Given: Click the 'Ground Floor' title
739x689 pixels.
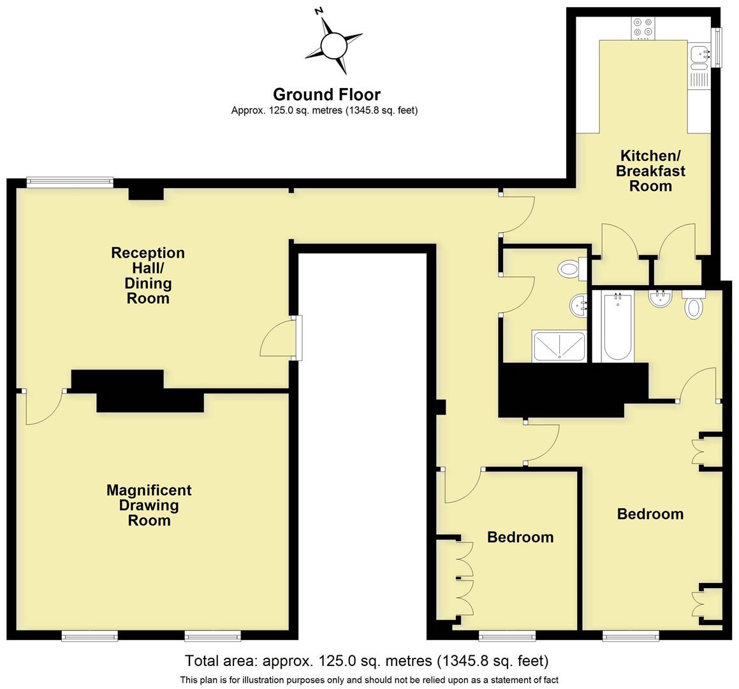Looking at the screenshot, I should click(x=326, y=94).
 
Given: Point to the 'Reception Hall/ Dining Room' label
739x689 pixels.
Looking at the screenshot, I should click(x=148, y=276).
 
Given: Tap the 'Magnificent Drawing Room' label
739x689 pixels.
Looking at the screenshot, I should click(x=149, y=505).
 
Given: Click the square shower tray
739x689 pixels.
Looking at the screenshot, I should click(x=559, y=346).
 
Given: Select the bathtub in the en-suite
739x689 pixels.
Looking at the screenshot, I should click(x=617, y=327).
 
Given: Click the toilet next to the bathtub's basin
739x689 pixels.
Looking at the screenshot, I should click(x=694, y=306).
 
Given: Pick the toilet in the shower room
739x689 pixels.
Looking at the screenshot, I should click(x=569, y=269).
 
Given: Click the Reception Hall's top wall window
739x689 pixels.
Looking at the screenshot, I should click(x=70, y=182).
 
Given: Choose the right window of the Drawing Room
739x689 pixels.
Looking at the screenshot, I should click(x=212, y=635).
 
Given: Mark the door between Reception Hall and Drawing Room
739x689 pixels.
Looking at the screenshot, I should click(x=43, y=406).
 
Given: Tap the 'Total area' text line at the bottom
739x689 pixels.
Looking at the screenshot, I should click(x=366, y=661).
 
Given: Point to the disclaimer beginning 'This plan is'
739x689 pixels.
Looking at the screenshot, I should click(x=369, y=680).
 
